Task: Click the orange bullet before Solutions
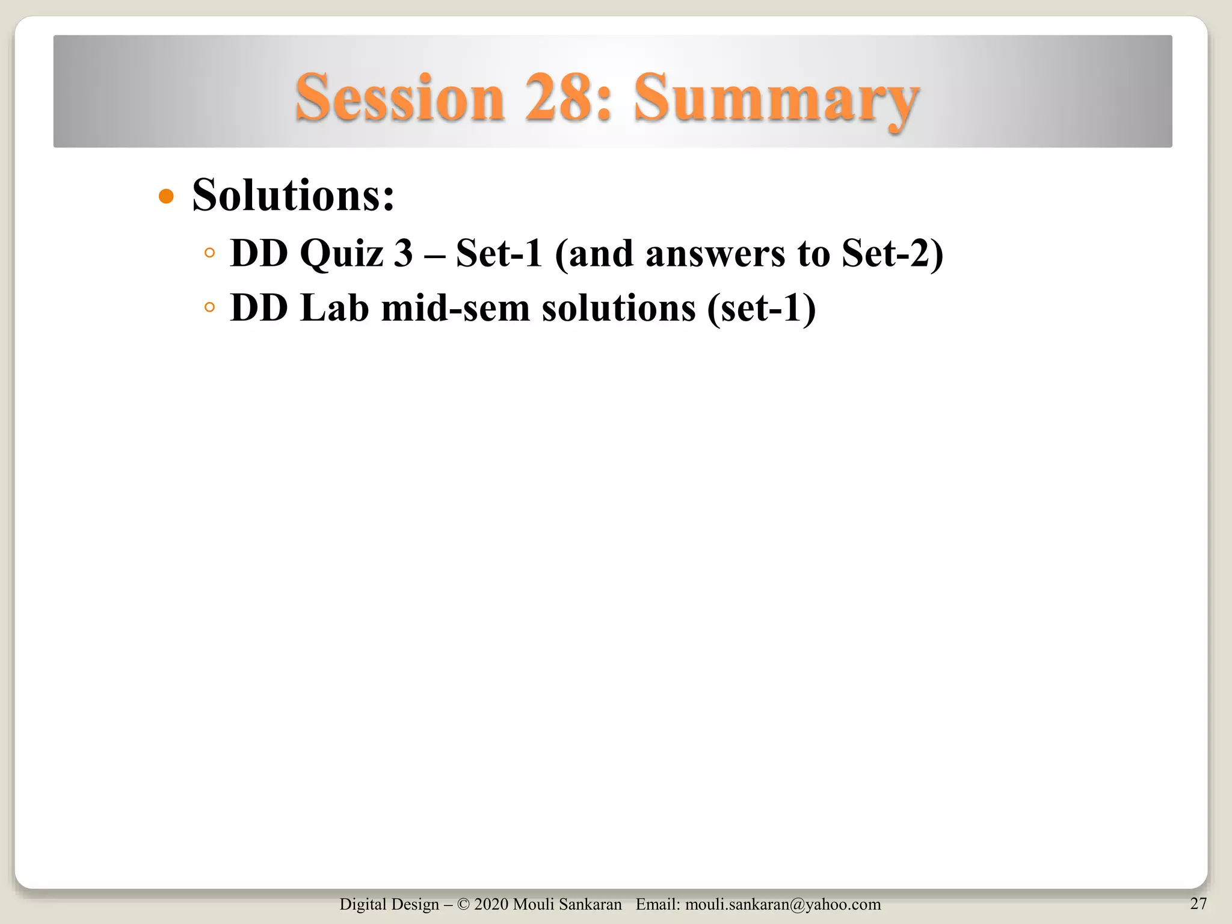(166, 197)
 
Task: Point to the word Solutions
(293, 196)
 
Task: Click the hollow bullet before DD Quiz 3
(209, 253)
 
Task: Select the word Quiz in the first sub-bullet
(341, 253)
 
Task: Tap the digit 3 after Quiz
(403, 253)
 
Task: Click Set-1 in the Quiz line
(499, 253)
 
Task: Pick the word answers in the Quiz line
(715, 253)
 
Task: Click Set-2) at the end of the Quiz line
(892, 253)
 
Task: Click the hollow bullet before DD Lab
(209, 308)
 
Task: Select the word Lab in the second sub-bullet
(334, 308)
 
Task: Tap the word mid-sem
(455, 308)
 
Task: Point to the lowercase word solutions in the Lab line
(618, 308)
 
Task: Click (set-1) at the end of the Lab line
(762, 308)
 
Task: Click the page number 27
(1198, 903)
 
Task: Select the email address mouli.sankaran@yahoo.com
(783, 904)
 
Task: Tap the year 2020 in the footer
(491, 904)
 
